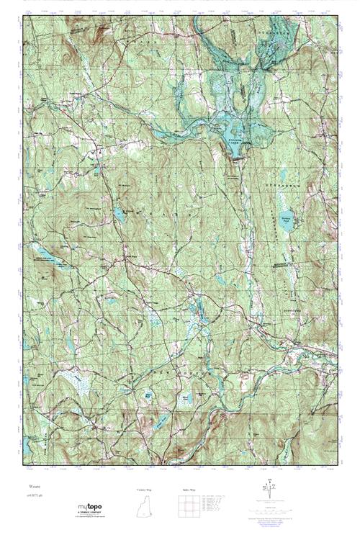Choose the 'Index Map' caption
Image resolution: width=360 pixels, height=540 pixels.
click(x=186, y=490)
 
